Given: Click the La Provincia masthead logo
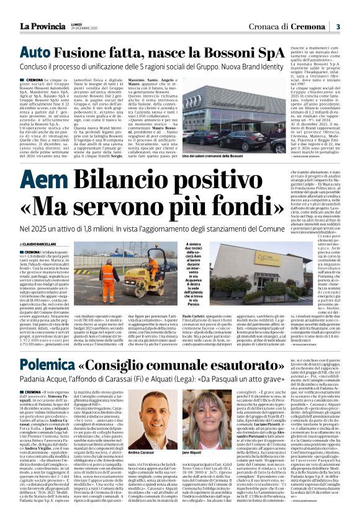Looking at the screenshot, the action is click(43, 25).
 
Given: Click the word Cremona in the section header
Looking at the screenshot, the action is click(309, 26).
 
